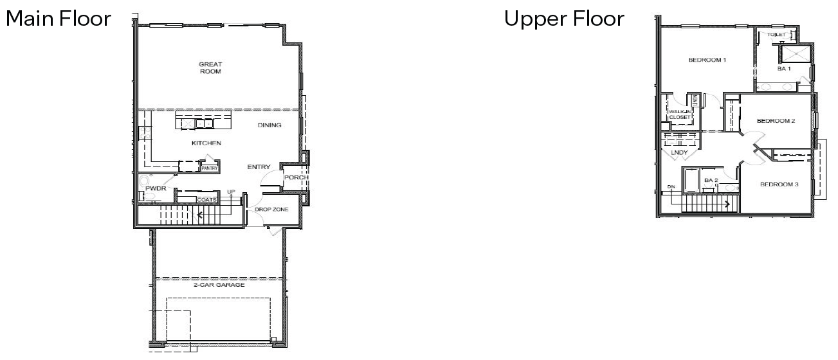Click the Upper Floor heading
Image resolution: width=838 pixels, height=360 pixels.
(564, 19)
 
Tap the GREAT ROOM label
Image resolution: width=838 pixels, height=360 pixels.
(210, 68)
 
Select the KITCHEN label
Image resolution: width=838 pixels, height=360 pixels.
(206, 143)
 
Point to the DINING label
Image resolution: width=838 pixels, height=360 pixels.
(269, 125)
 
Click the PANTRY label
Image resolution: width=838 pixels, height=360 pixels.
(210, 168)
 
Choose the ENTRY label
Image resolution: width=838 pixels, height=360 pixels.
(259, 167)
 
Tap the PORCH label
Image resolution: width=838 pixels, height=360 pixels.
(296, 177)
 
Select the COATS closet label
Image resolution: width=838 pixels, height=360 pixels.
(206, 199)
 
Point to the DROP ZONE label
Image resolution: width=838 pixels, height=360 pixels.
(271, 210)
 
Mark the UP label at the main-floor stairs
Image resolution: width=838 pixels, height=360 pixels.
(230, 192)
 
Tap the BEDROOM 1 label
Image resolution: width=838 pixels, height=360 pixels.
(707, 60)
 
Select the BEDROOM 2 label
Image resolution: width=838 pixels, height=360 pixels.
(776, 120)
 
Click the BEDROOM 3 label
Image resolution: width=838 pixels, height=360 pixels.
(779, 184)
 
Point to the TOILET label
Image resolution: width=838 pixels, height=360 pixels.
(775, 34)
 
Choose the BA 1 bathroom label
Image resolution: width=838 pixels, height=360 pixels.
(783, 69)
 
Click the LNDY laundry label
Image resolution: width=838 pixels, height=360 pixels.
(679, 152)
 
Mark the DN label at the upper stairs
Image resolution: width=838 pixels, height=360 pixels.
(671, 187)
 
